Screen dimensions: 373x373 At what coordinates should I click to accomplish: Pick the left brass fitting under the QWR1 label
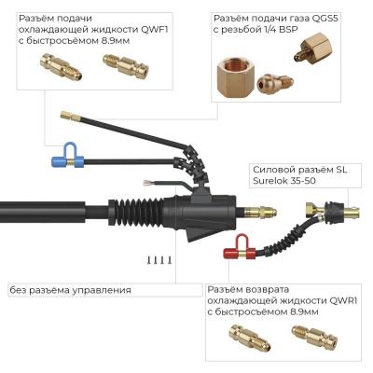(248, 342)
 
